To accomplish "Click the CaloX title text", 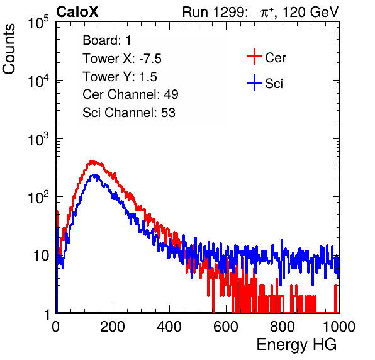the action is [x=77, y=12].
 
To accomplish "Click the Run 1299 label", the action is [x=215, y=12].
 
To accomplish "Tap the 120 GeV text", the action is [x=310, y=12].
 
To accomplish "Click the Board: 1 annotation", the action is [x=107, y=40].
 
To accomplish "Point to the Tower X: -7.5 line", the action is [x=122, y=59].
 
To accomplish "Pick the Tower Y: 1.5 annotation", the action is [x=120, y=77].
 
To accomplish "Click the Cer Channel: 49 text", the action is [x=130, y=94].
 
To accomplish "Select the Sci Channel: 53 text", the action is [x=129, y=113].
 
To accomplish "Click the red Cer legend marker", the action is [x=254, y=57].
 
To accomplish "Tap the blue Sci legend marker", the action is [x=254, y=82].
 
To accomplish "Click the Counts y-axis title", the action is [x=9, y=49].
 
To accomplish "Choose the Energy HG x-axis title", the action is [x=296, y=345].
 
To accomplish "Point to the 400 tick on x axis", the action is [x=169, y=327].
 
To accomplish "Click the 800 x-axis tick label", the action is [x=283, y=327].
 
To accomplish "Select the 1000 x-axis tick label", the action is [x=339, y=327].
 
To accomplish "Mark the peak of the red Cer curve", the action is [x=92, y=161].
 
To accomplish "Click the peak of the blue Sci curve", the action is [x=95, y=176].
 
